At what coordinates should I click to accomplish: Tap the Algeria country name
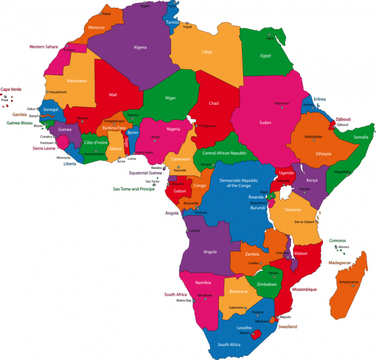point(141,46)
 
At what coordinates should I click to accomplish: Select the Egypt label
point(265,56)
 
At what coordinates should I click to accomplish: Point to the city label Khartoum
point(281,103)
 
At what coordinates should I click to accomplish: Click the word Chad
point(213,104)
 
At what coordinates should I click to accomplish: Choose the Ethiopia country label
point(323,154)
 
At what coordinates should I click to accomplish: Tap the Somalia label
point(361,137)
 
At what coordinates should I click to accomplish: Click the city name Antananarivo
point(349,282)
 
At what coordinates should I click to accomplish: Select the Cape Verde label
point(11,90)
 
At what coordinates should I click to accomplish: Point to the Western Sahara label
point(44,46)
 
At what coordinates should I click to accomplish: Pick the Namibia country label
point(203,282)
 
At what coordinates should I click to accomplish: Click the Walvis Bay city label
point(184,301)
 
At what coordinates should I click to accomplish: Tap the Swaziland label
point(287,327)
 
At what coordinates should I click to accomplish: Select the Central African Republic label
point(224,153)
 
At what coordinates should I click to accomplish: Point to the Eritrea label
point(320,99)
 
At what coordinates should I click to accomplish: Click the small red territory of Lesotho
point(257,334)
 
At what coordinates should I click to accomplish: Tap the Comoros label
point(338,241)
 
